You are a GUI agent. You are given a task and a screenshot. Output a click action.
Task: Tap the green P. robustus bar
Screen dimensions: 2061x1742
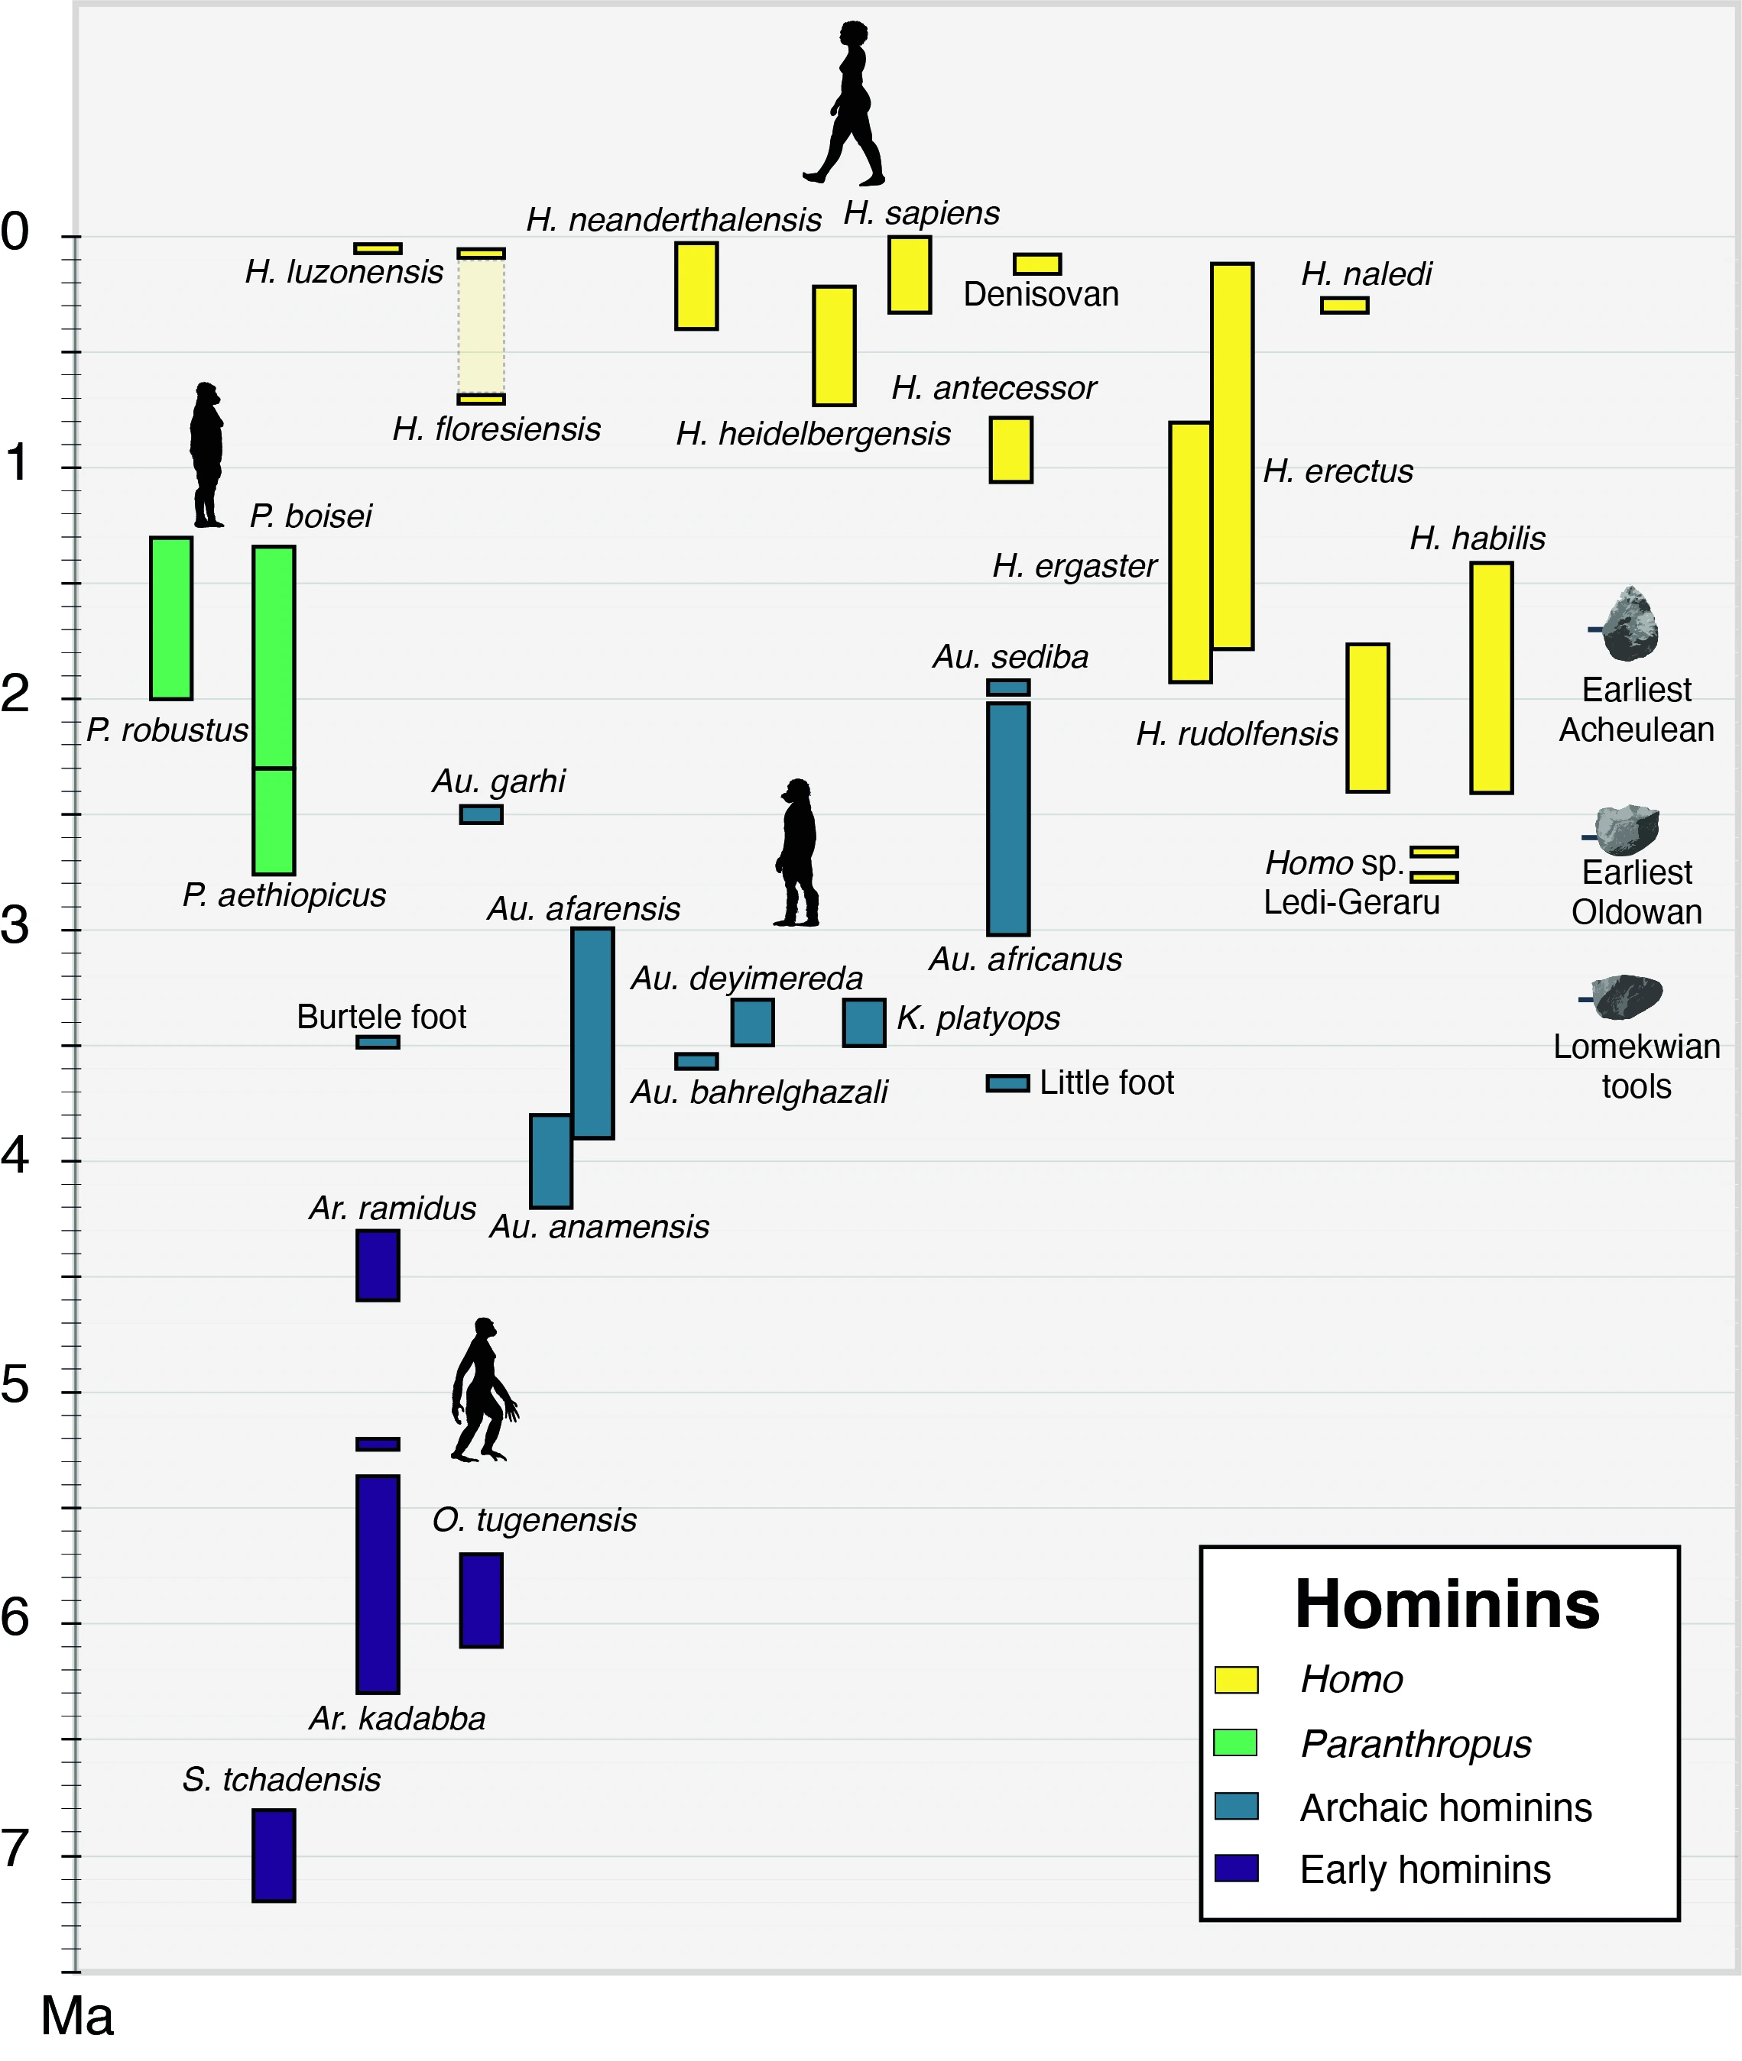tap(171, 618)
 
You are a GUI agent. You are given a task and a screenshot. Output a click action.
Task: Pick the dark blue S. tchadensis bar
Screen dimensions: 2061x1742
tap(274, 1855)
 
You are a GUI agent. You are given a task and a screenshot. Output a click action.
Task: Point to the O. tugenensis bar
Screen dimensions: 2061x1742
tap(481, 1600)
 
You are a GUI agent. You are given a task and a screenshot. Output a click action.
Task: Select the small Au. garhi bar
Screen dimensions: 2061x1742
tap(481, 814)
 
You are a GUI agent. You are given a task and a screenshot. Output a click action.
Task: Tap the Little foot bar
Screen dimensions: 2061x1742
tap(1008, 1082)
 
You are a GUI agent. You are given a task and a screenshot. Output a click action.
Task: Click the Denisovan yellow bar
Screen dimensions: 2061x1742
tap(1037, 264)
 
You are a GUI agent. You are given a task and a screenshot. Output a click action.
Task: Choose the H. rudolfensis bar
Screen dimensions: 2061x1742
tap(1367, 717)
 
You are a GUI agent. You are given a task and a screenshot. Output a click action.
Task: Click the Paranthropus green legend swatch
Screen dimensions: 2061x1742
tap(1235, 1743)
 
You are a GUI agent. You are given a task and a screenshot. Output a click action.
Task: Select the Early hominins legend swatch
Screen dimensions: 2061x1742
tap(1235, 1868)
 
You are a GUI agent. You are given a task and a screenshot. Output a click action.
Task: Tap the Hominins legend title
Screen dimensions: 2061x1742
tap(1447, 1605)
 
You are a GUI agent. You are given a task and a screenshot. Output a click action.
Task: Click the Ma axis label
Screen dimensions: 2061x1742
tap(77, 2016)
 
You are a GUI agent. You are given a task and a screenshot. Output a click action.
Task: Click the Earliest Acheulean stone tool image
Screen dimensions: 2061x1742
tap(1630, 624)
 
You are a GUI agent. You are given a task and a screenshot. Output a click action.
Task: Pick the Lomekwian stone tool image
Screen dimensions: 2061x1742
tap(1627, 996)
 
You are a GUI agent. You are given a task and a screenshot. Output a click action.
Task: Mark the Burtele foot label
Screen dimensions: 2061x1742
tap(381, 1017)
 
